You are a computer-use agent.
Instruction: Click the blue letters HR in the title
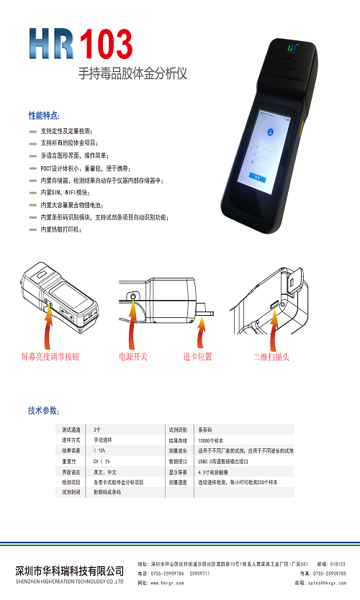pos(52,45)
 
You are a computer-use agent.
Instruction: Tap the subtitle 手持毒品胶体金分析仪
pos(132,74)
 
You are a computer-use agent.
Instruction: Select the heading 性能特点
pos(44,115)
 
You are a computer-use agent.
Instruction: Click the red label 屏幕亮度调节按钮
pos(50,356)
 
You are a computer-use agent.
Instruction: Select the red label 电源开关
pos(133,356)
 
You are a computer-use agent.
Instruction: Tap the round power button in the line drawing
pos(133,296)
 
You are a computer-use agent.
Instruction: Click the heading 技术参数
pos(44,410)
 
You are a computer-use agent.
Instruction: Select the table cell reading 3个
pos(97,429)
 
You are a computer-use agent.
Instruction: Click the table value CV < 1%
pos(102,461)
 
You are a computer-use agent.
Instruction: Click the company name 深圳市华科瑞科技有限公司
pos(69,571)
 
